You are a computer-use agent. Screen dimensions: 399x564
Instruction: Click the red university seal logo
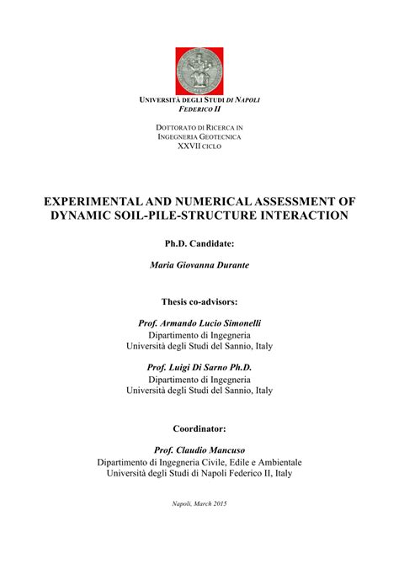coord(199,71)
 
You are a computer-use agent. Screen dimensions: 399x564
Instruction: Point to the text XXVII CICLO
coord(199,146)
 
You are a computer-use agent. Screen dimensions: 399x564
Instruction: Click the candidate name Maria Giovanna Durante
coord(199,265)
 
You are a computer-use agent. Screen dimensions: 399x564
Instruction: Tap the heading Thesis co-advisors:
coord(199,301)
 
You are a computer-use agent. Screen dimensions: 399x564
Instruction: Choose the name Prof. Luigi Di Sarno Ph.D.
coord(199,368)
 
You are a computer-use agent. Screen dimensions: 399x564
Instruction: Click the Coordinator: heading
coord(199,428)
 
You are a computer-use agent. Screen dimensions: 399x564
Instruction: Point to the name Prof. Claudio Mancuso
coord(199,450)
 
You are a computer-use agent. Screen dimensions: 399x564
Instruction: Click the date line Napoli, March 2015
coord(199,503)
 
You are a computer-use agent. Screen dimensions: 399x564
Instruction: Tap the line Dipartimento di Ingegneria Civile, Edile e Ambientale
coord(199,462)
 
